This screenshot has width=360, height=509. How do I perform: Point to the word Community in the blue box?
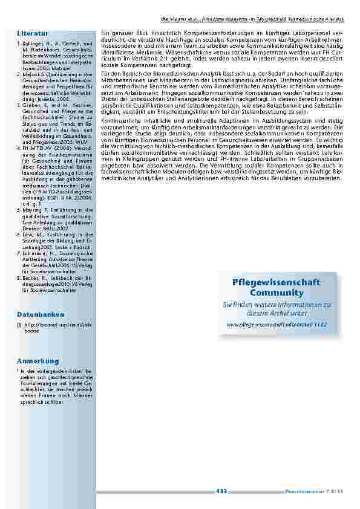click(x=277, y=293)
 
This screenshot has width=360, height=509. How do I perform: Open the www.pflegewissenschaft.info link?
click(x=277, y=325)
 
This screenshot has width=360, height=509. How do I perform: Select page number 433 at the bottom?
click(x=221, y=491)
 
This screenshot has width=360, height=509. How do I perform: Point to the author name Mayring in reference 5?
click(x=32, y=209)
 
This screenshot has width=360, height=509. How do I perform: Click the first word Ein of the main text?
click(x=104, y=31)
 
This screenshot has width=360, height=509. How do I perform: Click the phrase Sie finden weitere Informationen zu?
click(x=277, y=305)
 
